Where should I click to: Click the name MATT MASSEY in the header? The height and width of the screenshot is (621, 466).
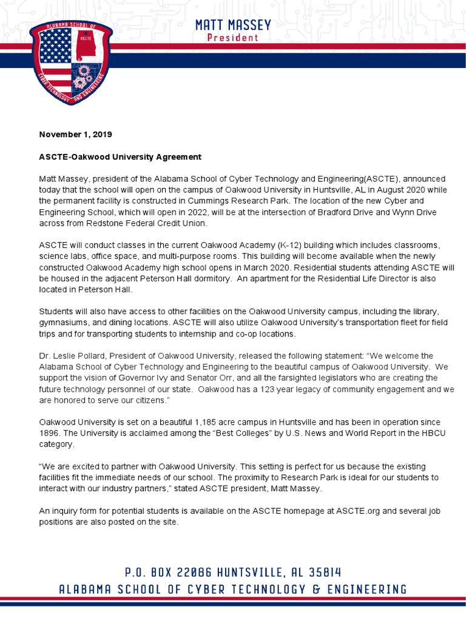click(x=233, y=25)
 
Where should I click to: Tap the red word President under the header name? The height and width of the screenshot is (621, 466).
click(x=233, y=38)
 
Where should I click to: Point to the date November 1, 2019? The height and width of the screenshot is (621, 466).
click(x=76, y=134)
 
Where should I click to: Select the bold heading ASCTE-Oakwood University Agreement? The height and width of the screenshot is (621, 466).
click(x=120, y=156)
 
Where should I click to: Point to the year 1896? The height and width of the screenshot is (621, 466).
click(x=50, y=432)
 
